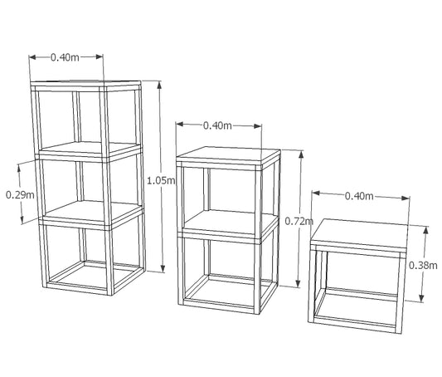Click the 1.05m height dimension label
[x=161, y=180]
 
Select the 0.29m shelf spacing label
[x=20, y=194]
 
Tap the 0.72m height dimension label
[x=299, y=221]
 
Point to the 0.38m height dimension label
[x=423, y=265]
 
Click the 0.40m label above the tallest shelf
[x=65, y=57]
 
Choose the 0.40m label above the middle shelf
[x=217, y=125]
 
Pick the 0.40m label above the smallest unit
[x=359, y=196]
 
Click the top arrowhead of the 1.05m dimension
[x=159, y=85]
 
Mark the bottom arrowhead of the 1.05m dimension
[x=163, y=268]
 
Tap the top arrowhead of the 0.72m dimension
[x=301, y=154]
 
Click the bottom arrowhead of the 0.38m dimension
[x=422, y=298]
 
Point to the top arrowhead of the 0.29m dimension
[x=19, y=169]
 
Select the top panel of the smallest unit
[x=359, y=233]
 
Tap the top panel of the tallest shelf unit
[x=85, y=84]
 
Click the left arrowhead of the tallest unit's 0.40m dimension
[x=33, y=57]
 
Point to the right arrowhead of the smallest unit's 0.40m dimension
[x=406, y=198]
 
